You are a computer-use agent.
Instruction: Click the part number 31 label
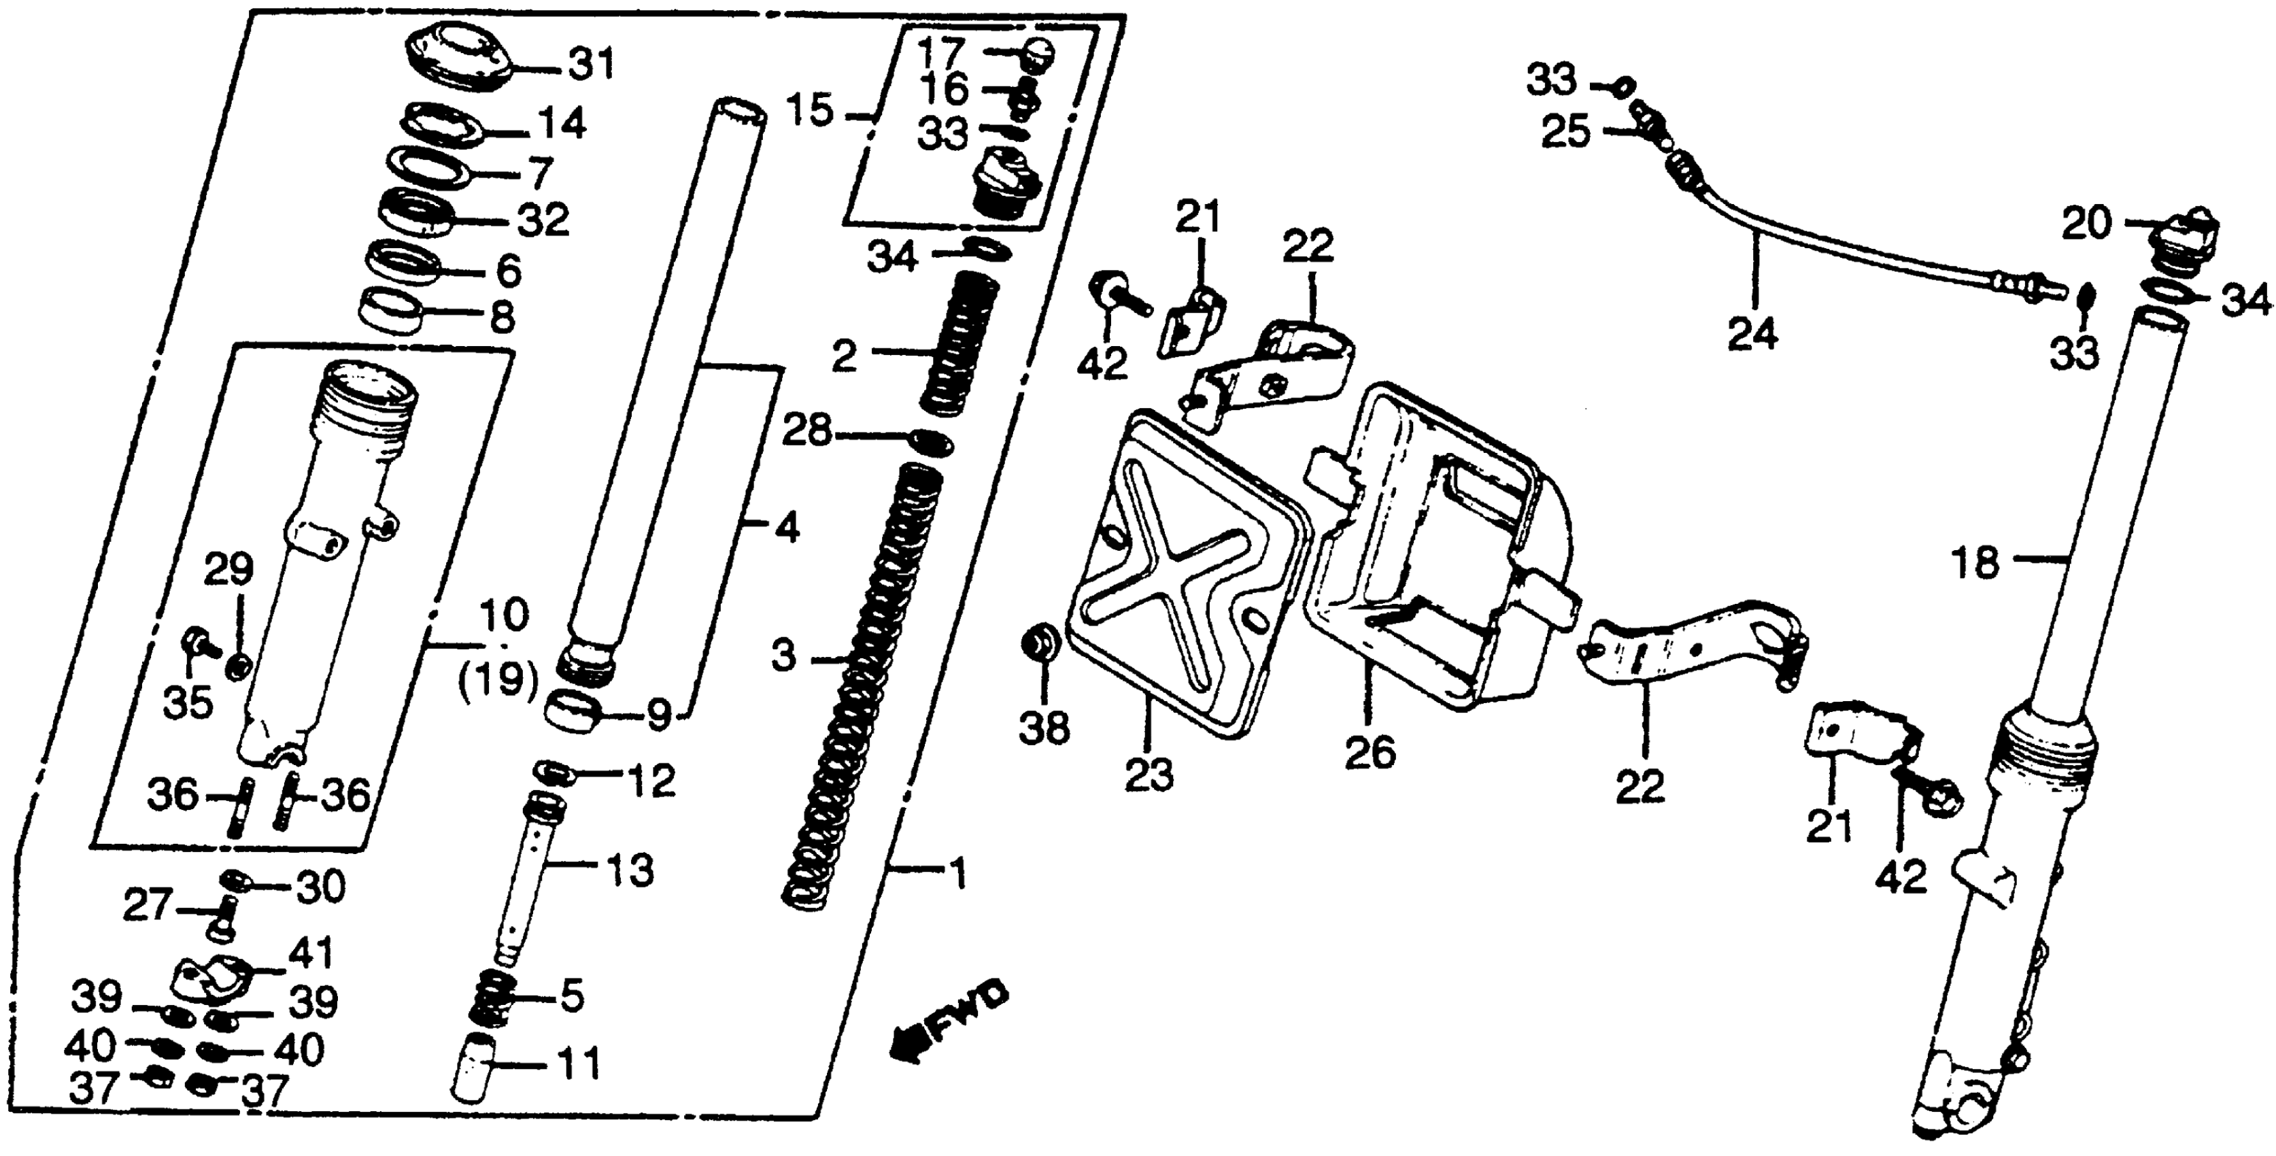coord(591,65)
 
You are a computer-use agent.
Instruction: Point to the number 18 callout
coord(1977,563)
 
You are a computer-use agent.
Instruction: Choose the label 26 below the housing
coord(1370,753)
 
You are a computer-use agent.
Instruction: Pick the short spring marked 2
coord(959,345)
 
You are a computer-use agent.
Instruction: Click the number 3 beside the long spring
coord(783,658)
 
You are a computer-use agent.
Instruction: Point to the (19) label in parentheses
coord(498,681)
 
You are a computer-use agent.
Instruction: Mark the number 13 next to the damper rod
coord(630,870)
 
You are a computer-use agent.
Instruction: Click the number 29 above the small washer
coord(230,571)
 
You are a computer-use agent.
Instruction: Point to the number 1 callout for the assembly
coord(957,875)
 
